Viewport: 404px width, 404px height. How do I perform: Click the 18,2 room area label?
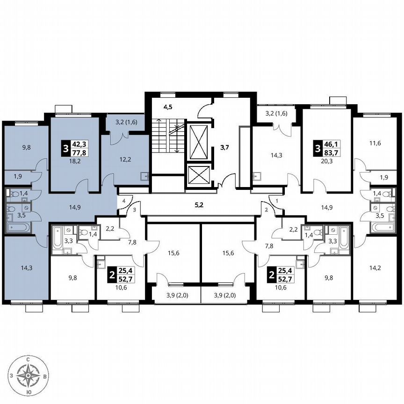[x=74, y=160]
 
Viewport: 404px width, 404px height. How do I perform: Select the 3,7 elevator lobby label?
[x=224, y=148]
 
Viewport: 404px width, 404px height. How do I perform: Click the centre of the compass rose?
[x=29, y=375]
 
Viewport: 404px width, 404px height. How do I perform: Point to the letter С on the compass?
[x=29, y=359]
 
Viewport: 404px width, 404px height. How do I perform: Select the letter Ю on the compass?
[x=29, y=392]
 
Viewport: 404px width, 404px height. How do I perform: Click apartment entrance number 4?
[x=123, y=201]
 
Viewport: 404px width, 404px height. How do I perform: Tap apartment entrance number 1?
[x=277, y=201]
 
